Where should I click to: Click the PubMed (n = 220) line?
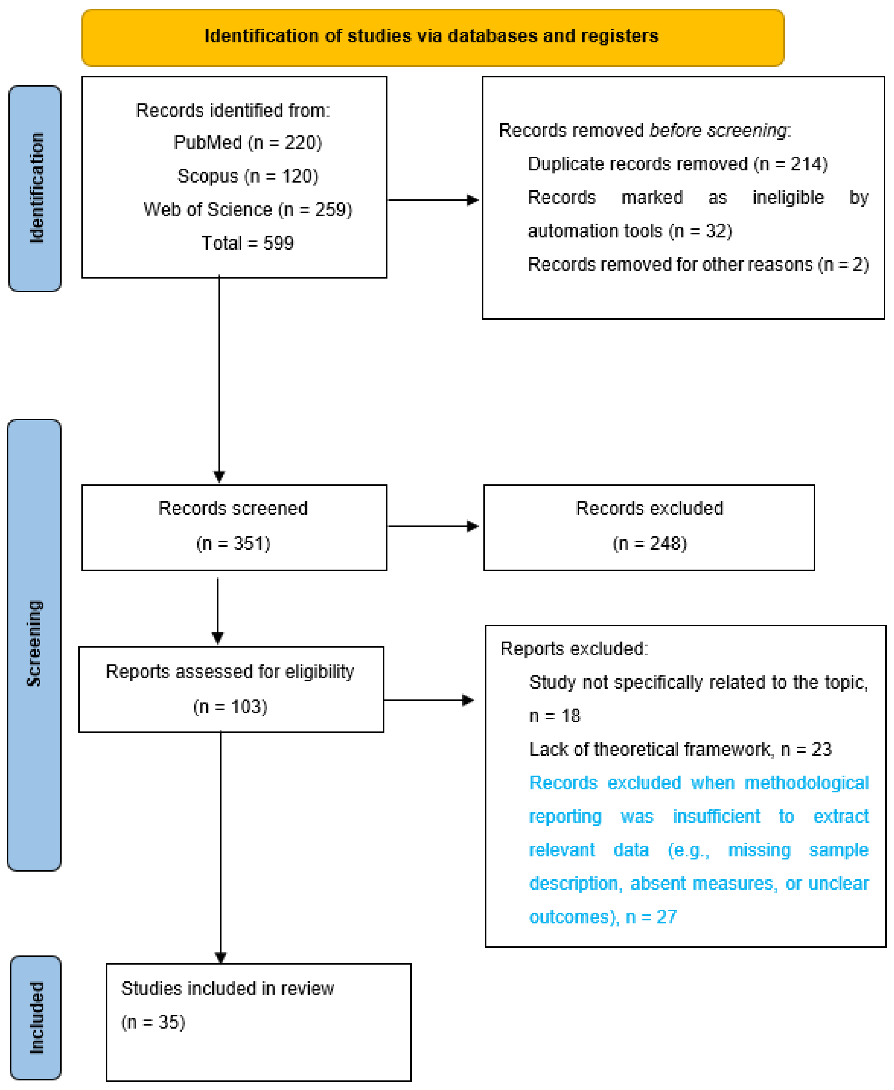pyautogui.click(x=248, y=143)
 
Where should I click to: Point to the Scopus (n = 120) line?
pyautogui.click(x=248, y=176)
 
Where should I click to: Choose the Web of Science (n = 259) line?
pyautogui.click(x=248, y=210)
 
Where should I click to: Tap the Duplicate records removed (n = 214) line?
pyautogui.click(x=678, y=164)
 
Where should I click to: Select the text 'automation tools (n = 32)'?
pyautogui.click(x=630, y=231)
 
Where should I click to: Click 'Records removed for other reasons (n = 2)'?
pyautogui.click(x=698, y=264)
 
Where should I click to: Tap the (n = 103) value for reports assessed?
pyautogui.click(x=230, y=706)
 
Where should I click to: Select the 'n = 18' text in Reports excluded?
pyautogui.click(x=555, y=716)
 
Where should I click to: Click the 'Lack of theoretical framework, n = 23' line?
pyautogui.click(x=680, y=749)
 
